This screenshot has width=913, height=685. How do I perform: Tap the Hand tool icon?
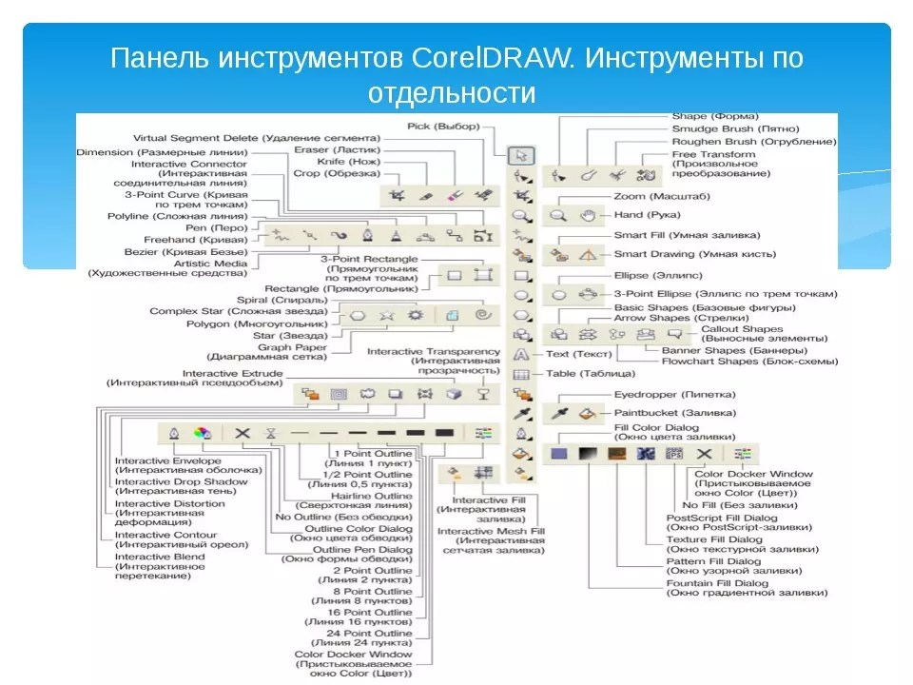[589, 216]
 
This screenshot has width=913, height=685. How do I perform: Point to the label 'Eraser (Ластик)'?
[337, 150]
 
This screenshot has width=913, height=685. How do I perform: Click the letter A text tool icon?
[521, 354]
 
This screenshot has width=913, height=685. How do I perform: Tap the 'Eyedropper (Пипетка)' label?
[674, 394]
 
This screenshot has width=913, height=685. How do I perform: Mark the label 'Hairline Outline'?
[371, 496]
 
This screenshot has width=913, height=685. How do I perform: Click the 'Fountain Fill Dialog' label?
[717, 582]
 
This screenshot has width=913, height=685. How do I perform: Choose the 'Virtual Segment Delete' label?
[256, 138]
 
